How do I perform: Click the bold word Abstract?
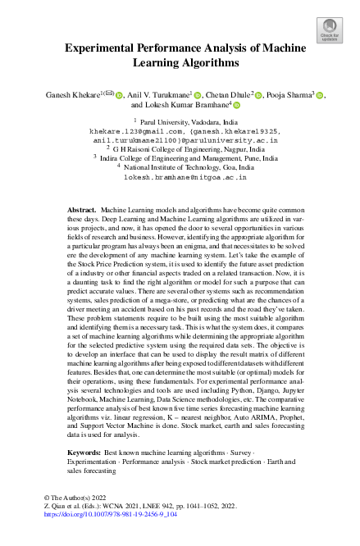(x=82, y=211)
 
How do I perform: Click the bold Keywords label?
(x=84, y=453)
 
